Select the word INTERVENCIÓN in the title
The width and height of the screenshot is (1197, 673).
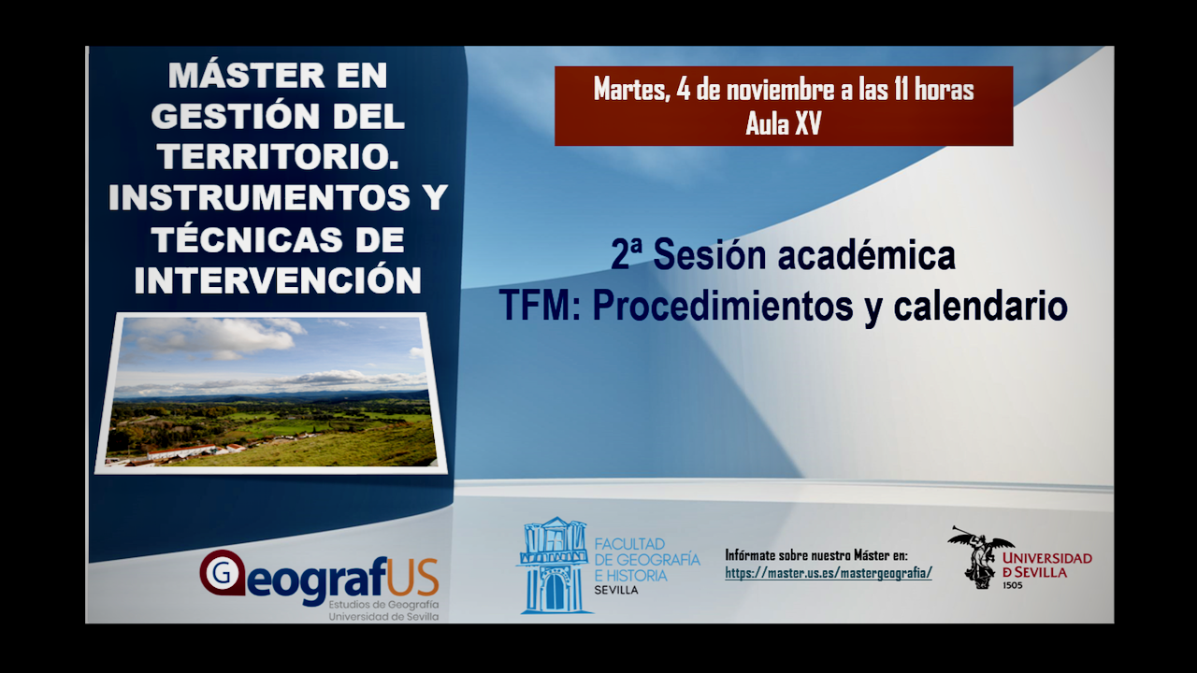click(x=278, y=280)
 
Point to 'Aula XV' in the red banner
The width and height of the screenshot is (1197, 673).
click(x=783, y=124)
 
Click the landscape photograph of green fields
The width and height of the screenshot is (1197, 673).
click(x=271, y=393)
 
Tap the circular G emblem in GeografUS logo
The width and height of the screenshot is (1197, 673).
click(x=223, y=573)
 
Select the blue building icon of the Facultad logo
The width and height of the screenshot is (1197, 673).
click(x=554, y=566)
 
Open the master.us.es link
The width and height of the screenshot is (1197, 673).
click(x=828, y=573)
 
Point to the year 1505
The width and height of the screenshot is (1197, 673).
click(x=1012, y=586)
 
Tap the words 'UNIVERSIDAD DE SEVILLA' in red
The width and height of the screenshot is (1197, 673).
click(x=1046, y=565)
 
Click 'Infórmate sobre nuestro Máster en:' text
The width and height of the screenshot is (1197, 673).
click(x=815, y=554)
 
